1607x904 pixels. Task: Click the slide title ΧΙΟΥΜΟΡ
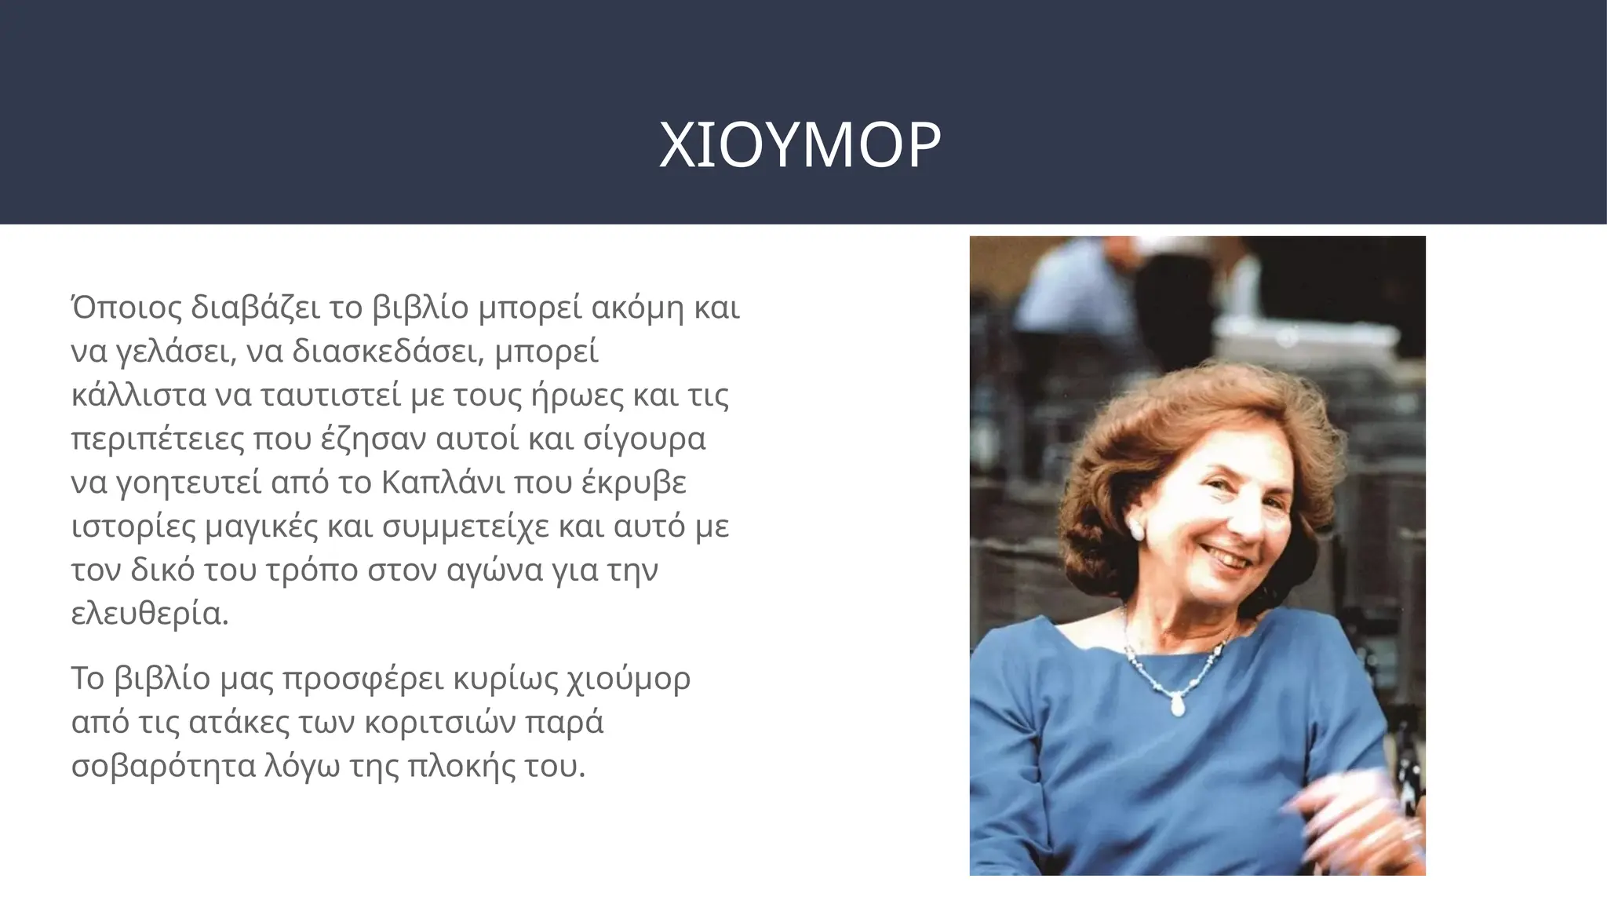point(800,145)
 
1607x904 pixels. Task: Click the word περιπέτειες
point(156,439)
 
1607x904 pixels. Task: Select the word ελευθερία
point(149,614)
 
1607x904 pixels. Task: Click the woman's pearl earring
point(1135,529)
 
